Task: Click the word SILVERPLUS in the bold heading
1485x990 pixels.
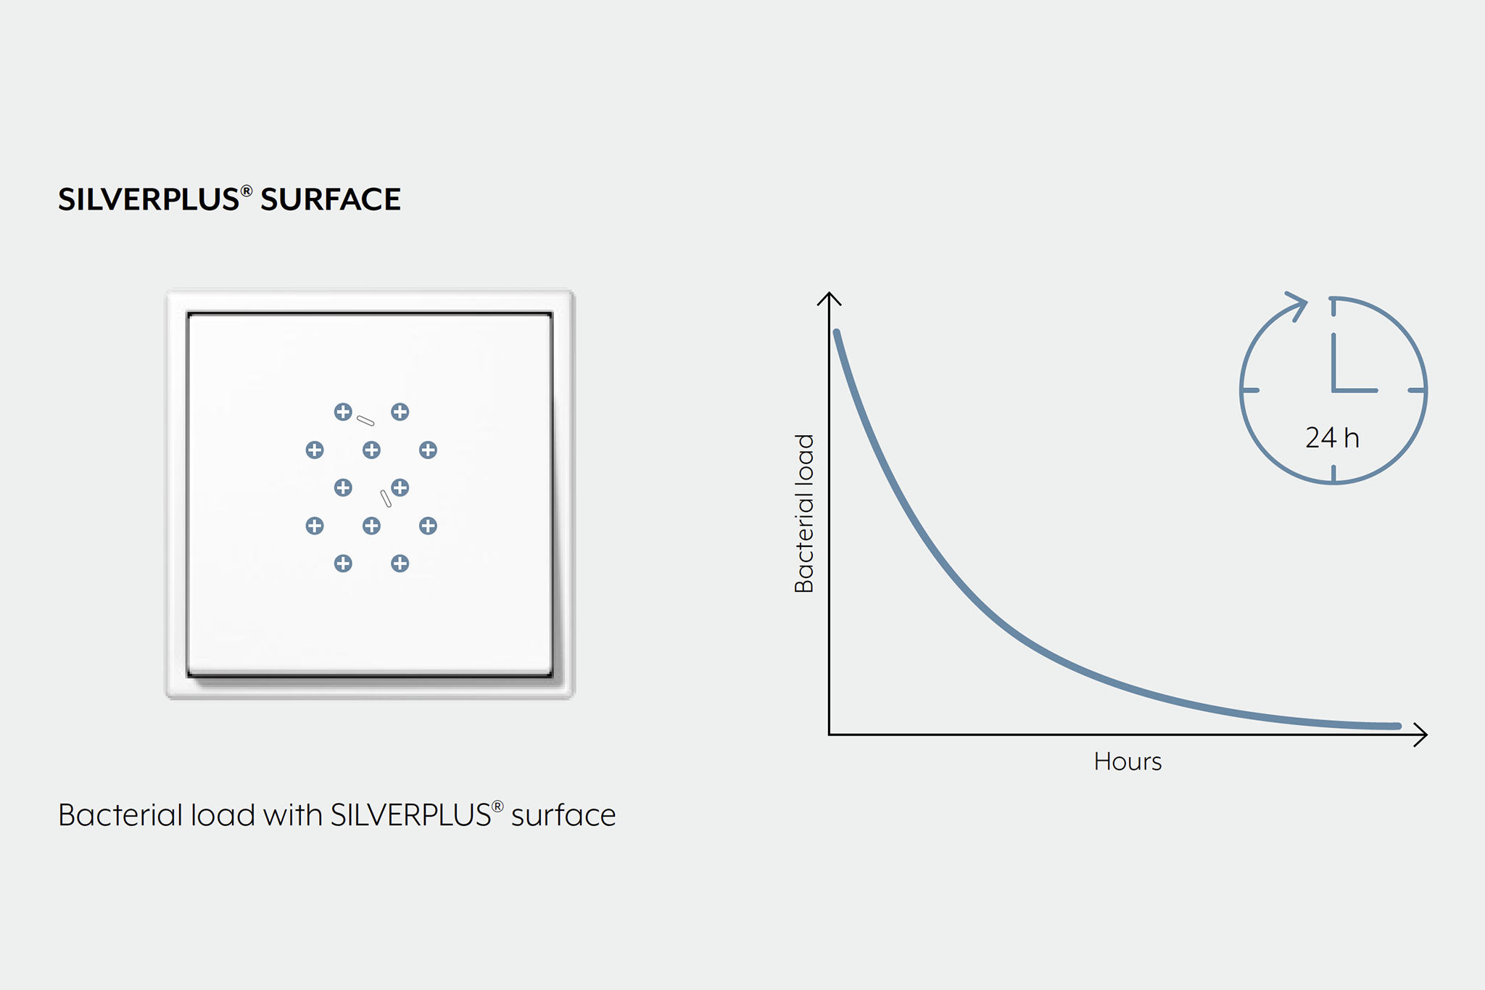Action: click(149, 199)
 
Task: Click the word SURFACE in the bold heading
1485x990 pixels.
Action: click(331, 199)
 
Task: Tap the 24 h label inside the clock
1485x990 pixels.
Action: click(1332, 438)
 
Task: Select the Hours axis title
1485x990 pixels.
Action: click(1128, 762)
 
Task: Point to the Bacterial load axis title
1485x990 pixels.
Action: click(805, 513)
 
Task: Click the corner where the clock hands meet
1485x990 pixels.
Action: click(1333, 390)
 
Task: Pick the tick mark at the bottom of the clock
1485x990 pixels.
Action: click(1333, 474)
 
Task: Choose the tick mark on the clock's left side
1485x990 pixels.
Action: click(1249, 390)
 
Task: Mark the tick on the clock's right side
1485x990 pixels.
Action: click(1418, 390)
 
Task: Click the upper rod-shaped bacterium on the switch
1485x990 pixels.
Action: click(365, 421)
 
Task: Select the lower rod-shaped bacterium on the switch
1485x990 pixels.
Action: click(386, 498)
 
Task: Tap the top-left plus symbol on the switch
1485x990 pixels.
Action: click(343, 412)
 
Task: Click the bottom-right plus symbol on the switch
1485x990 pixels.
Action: click(400, 564)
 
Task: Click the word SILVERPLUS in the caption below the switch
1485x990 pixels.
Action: click(411, 815)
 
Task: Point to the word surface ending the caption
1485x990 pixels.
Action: click(563, 816)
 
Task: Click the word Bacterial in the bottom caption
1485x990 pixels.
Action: click(120, 815)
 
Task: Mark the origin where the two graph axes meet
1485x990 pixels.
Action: click(830, 735)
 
